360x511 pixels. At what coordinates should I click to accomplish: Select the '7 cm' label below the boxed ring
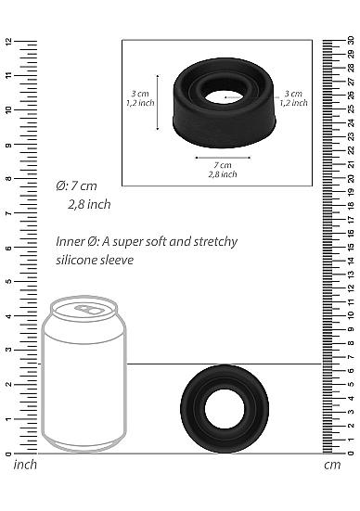pyautogui.click(x=223, y=164)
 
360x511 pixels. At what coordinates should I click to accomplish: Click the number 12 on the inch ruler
pyautogui.click(x=7, y=42)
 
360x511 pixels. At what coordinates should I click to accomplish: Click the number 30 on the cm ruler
pyautogui.click(x=351, y=41)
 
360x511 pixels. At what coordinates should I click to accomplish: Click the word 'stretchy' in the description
pyautogui.click(x=213, y=242)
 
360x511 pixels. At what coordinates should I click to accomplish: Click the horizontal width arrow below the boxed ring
pyautogui.click(x=222, y=157)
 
